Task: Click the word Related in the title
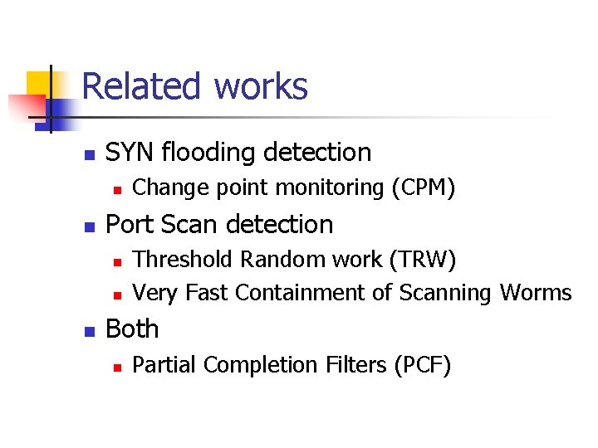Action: (142, 87)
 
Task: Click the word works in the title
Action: (261, 87)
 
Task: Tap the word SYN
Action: (130, 153)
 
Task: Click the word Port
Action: (129, 225)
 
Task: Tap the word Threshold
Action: (184, 260)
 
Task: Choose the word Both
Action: (132, 329)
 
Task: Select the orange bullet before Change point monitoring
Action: (118, 190)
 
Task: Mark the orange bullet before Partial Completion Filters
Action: (118, 367)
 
